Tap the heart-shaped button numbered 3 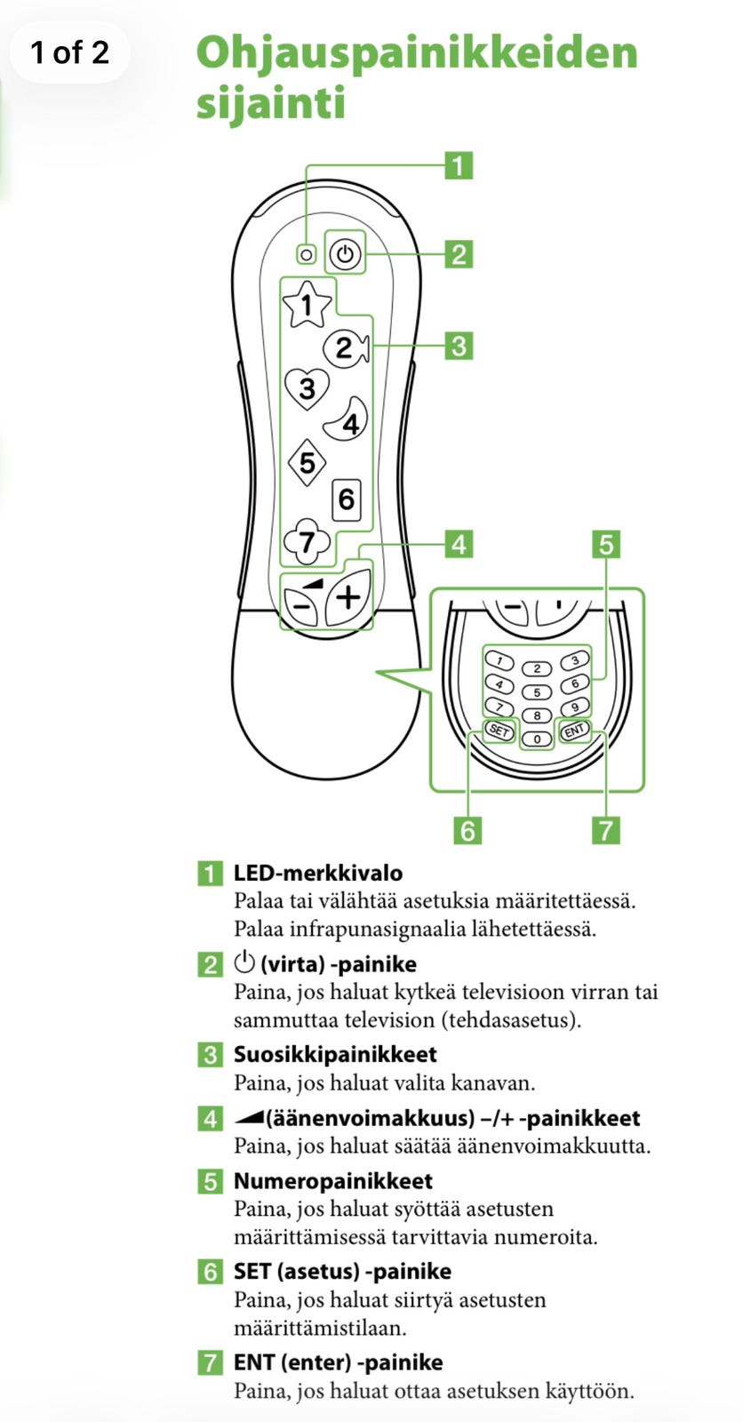pos(307,387)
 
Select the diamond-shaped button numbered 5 pos(307,462)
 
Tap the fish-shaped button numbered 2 pos(346,348)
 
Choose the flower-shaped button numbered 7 pos(308,541)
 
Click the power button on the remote pos(345,254)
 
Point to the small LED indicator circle pos(307,254)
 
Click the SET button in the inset pos(499,731)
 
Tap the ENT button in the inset pos(575,731)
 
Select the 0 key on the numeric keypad pos(537,739)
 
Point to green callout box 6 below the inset pos(467,830)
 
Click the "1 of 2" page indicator pos(70,52)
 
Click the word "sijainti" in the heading pos(271,103)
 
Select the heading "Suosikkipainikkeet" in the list pos(335,1054)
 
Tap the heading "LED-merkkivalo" pos(318,873)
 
